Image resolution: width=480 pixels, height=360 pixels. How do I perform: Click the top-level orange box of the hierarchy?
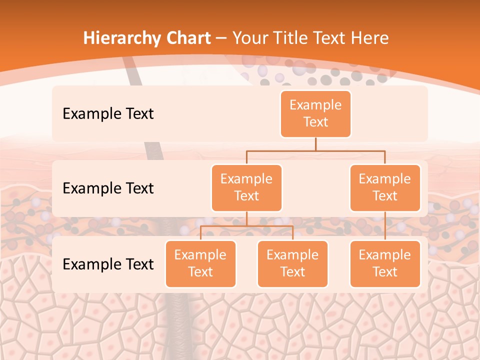[315, 113]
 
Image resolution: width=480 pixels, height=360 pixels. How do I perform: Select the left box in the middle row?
[246, 187]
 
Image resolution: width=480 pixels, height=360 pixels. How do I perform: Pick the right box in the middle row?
[384, 187]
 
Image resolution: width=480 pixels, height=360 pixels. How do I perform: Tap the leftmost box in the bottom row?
[200, 263]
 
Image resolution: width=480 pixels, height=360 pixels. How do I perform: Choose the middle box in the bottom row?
[292, 263]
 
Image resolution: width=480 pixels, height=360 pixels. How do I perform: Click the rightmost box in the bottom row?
[384, 263]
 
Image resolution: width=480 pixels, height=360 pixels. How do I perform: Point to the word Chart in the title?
[187, 38]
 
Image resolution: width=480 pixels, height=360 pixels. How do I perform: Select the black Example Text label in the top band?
[108, 113]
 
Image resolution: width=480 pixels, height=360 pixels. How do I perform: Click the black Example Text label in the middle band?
[108, 188]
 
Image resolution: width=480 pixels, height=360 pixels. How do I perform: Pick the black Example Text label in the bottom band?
[108, 264]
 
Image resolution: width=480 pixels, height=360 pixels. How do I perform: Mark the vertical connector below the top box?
[315, 144]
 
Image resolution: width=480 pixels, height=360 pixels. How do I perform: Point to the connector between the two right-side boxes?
[385, 226]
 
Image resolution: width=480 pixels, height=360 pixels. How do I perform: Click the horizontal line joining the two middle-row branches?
[315, 150]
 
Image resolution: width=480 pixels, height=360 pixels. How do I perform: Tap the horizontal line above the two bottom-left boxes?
[246, 226]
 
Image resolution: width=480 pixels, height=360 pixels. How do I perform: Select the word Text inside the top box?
[315, 122]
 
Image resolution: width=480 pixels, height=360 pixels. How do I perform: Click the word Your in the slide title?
[250, 38]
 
